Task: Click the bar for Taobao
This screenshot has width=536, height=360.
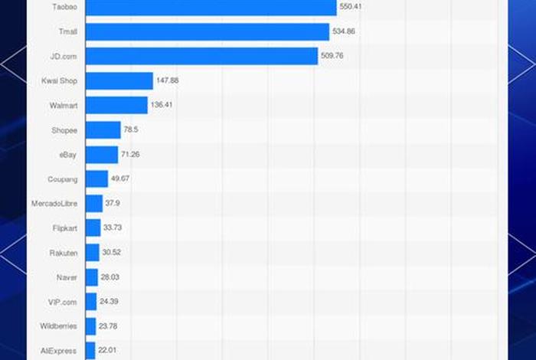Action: click(211, 8)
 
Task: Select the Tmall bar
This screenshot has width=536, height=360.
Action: click(207, 31)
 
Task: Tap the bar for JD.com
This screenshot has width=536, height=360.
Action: click(201, 56)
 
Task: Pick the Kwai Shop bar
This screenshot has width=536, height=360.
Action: click(119, 80)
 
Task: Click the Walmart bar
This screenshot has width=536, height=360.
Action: click(116, 105)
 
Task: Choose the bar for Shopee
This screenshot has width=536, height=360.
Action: click(103, 130)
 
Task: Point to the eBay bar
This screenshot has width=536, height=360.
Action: click(102, 155)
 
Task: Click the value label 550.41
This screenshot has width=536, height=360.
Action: click(351, 6)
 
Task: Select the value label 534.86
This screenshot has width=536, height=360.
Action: click(344, 31)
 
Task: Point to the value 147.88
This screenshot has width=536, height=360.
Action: click(168, 80)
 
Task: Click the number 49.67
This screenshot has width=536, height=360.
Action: click(120, 178)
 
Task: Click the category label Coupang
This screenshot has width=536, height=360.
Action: click(62, 179)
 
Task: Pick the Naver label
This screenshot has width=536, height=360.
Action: click(66, 277)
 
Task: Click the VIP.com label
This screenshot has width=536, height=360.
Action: click(63, 302)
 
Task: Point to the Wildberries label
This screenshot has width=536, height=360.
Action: click(58, 326)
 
